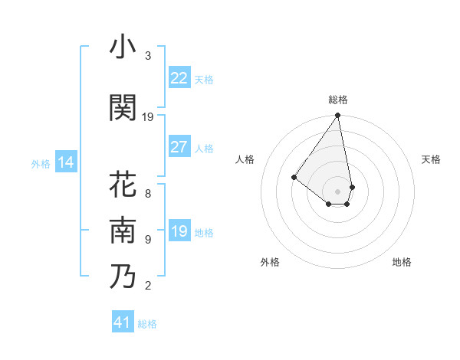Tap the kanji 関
click(123, 108)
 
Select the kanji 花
click(123, 185)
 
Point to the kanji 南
click(123, 231)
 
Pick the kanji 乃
click(123, 277)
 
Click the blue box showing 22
click(179, 78)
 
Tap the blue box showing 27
click(179, 147)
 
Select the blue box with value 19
click(179, 231)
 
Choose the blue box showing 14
click(65, 162)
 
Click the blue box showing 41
click(123, 322)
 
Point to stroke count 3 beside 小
click(148, 56)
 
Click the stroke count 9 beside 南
click(148, 239)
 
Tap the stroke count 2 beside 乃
click(148, 286)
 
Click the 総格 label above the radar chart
click(338, 100)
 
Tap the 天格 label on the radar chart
click(431, 159)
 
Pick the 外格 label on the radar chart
click(270, 262)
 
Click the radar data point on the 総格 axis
click(338, 116)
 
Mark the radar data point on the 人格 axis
click(294, 177)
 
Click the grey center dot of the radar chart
click(338, 191)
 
